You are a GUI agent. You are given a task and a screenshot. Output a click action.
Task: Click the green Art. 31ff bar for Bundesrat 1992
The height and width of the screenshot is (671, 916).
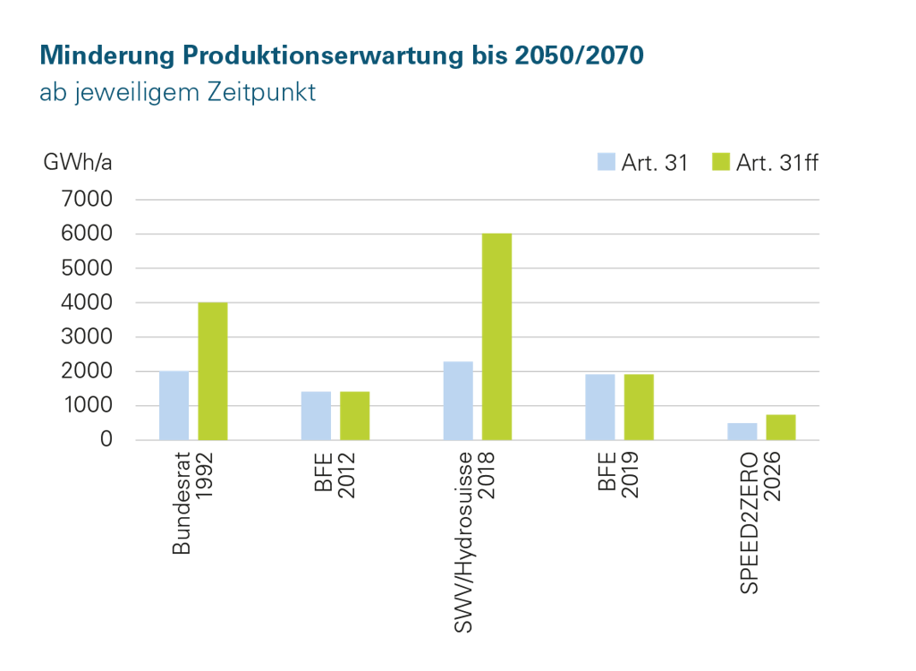click(x=213, y=371)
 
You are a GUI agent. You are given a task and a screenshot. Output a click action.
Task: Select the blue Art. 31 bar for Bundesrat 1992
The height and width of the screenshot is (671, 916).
click(x=174, y=404)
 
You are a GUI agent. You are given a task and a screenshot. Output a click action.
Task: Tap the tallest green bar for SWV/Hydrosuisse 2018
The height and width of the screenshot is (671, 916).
click(x=496, y=336)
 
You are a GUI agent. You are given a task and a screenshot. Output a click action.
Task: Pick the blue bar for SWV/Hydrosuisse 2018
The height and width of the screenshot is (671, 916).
click(x=458, y=400)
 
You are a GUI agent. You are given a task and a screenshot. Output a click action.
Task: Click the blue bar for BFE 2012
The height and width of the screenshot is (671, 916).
click(x=316, y=415)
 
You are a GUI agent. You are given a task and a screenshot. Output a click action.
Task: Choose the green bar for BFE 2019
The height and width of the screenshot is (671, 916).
click(x=639, y=407)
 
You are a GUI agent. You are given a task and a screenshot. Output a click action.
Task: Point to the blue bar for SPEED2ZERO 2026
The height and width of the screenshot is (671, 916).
click(x=742, y=430)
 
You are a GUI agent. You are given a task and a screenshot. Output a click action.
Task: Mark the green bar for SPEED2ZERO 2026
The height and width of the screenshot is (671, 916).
click(x=781, y=427)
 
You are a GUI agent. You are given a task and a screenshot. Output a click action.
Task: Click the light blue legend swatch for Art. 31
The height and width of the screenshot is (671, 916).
click(x=606, y=162)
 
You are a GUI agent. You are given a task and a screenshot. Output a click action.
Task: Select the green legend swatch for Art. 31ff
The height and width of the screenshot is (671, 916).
click(x=720, y=162)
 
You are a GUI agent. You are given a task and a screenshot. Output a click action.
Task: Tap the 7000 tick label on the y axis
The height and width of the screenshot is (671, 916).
click(x=87, y=200)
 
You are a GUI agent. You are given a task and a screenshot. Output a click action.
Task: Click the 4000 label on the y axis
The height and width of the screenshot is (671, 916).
click(x=87, y=302)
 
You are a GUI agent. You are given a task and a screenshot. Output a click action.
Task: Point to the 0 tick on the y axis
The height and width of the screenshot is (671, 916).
click(x=106, y=440)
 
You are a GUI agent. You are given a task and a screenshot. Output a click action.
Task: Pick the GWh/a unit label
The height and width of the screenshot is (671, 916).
click(x=77, y=163)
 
